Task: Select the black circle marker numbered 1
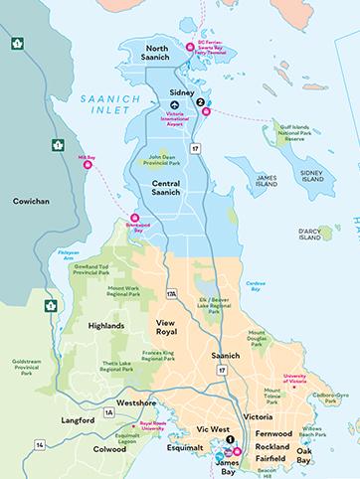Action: (230, 439)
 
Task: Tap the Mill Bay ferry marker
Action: (87, 167)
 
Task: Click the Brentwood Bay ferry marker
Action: (135, 220)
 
